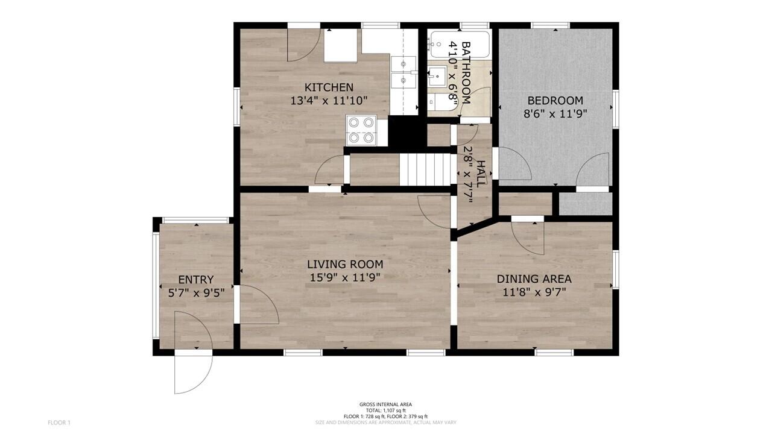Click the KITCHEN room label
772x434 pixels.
[x=329, y=87]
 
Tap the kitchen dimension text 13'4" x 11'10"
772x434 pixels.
[x=329, y=101]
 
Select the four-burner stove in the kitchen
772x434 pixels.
[x=361, y=130]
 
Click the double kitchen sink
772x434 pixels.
[x=403, y=72]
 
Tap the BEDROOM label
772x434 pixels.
[x=555, y=101]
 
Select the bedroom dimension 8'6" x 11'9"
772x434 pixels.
[x=555, y=113]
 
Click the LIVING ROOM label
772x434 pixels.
[x=345, y=264]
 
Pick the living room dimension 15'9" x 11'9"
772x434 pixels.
[x=345, y=277]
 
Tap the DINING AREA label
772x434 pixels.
[x=534, y=279]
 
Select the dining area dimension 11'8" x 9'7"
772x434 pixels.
[x=534, y=292]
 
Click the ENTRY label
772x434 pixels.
[x=196, y=280]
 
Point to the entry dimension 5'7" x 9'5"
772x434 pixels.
[x=196, y=293]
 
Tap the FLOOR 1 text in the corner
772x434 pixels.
[x=59, y=423]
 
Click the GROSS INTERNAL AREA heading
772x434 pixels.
[x=386, y=404]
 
